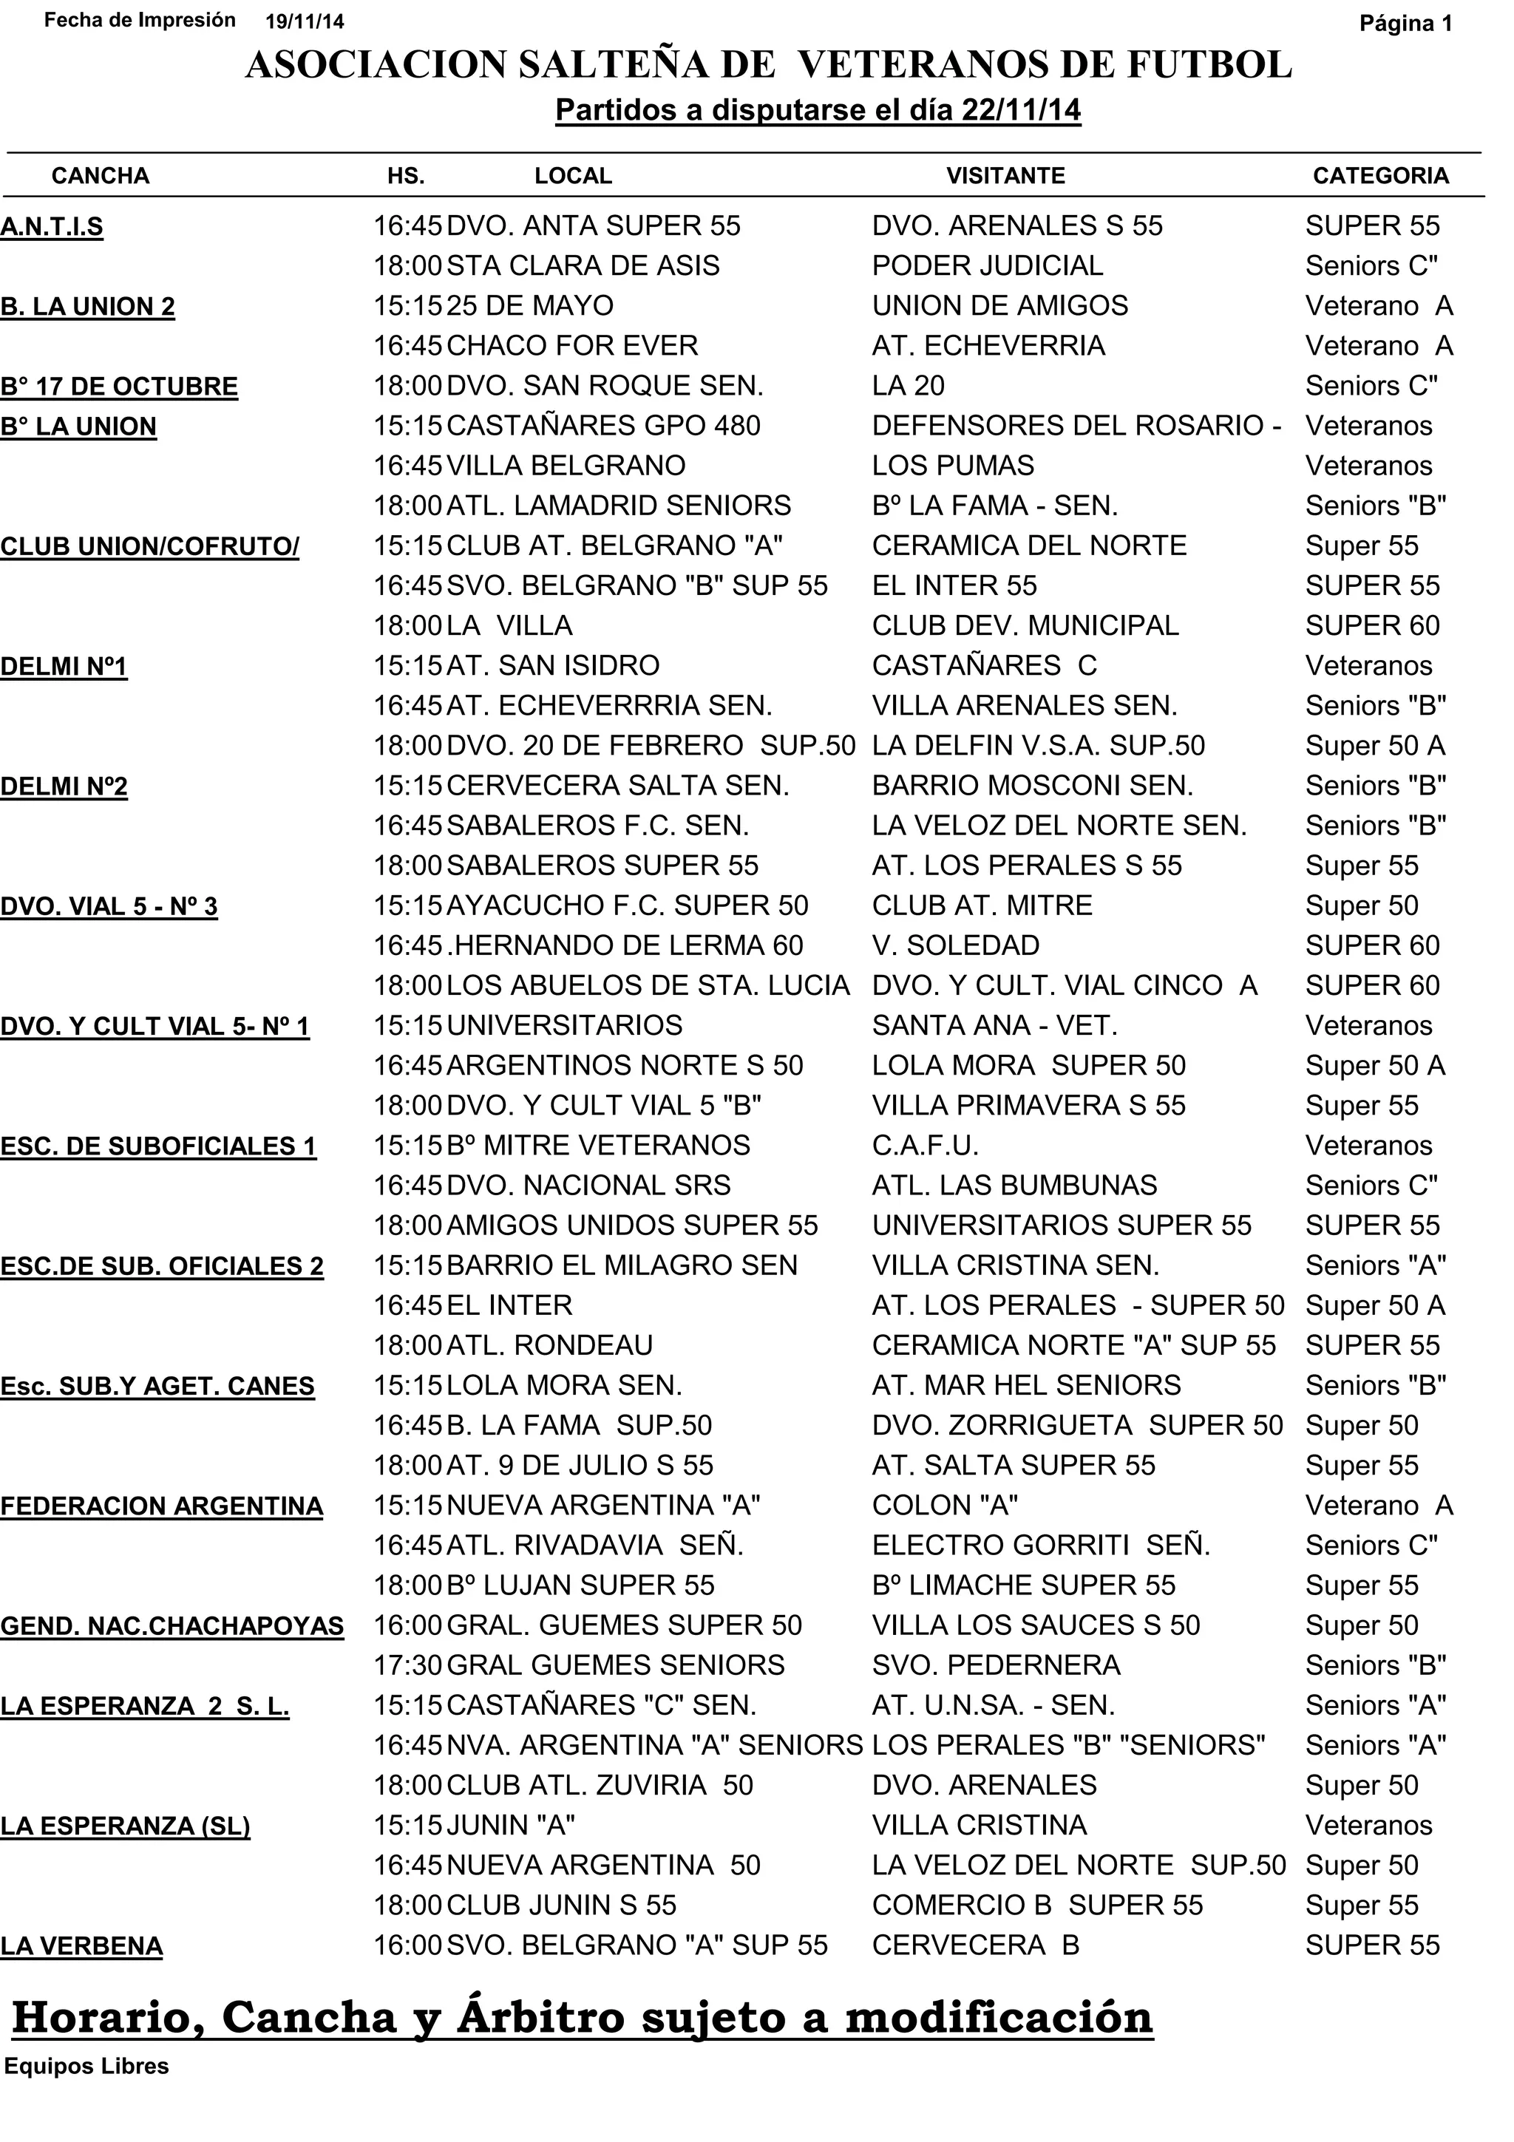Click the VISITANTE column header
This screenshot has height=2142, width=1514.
tap(1005, 175)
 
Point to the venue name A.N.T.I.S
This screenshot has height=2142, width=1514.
tap(52, 227)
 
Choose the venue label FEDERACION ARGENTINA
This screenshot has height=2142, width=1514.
tap(161, 1506)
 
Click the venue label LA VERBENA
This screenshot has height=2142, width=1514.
tap(82, 1947)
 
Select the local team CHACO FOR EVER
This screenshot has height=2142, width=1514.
tap(572, 346)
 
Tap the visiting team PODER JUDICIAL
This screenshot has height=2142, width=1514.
tap(987, 266)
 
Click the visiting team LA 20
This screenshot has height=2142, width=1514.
tap(908, 385)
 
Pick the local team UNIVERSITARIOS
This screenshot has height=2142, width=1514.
tap(564, 1025)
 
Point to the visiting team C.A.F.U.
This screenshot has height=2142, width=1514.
tap(925, 1146)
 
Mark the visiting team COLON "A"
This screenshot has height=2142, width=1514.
tap(944, 1506)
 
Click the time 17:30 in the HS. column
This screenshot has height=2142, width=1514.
tap(407, 1666)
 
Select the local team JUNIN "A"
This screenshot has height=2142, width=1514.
tap(510, 1826)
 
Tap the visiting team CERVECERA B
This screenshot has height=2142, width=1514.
tap(975, 1946)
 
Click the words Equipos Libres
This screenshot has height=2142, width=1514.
tap(86, 2067)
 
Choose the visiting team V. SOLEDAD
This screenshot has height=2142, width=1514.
tap(955, 946)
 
